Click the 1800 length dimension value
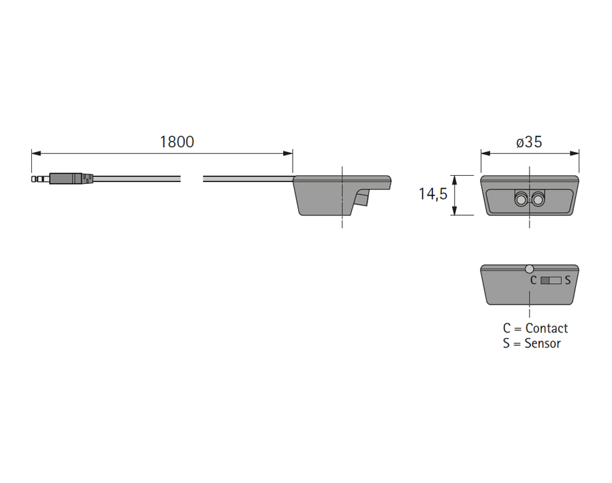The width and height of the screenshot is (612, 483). coord(176,142)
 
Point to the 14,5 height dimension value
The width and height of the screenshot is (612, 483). coord(432,194)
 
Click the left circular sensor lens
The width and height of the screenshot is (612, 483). coord(521,200)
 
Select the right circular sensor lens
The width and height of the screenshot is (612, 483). coord(538,200)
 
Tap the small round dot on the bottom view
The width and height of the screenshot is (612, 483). coord(530,269)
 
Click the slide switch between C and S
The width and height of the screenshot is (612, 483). coord(551,280)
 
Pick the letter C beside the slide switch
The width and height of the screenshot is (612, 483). coord(533,280)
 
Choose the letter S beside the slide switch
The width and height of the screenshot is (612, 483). coord(568,280)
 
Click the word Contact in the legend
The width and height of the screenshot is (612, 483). coord(546,328)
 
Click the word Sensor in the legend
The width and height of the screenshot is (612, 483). coord(543,343)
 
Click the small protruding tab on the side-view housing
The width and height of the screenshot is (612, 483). coord(362,198)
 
